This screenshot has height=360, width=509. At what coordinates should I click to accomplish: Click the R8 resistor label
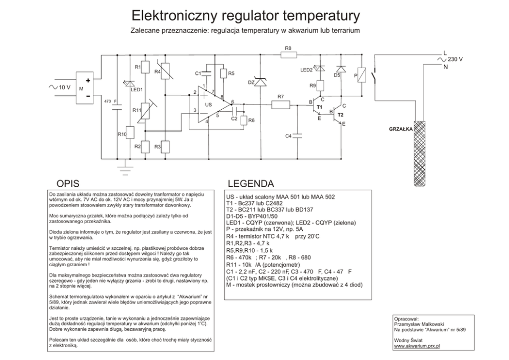(x=288, y=48)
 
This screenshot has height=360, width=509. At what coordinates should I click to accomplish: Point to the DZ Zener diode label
(x=251, y=83)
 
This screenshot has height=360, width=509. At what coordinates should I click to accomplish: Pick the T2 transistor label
(x=340, y=115)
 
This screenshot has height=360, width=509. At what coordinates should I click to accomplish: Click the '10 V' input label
(x=64, y=87)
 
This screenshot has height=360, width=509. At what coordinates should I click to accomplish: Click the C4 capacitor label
(x=288, y=136)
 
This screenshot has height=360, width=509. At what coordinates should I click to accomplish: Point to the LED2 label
(x=306, y=70)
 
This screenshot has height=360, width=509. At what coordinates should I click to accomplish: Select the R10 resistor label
(x=122, y=134)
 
